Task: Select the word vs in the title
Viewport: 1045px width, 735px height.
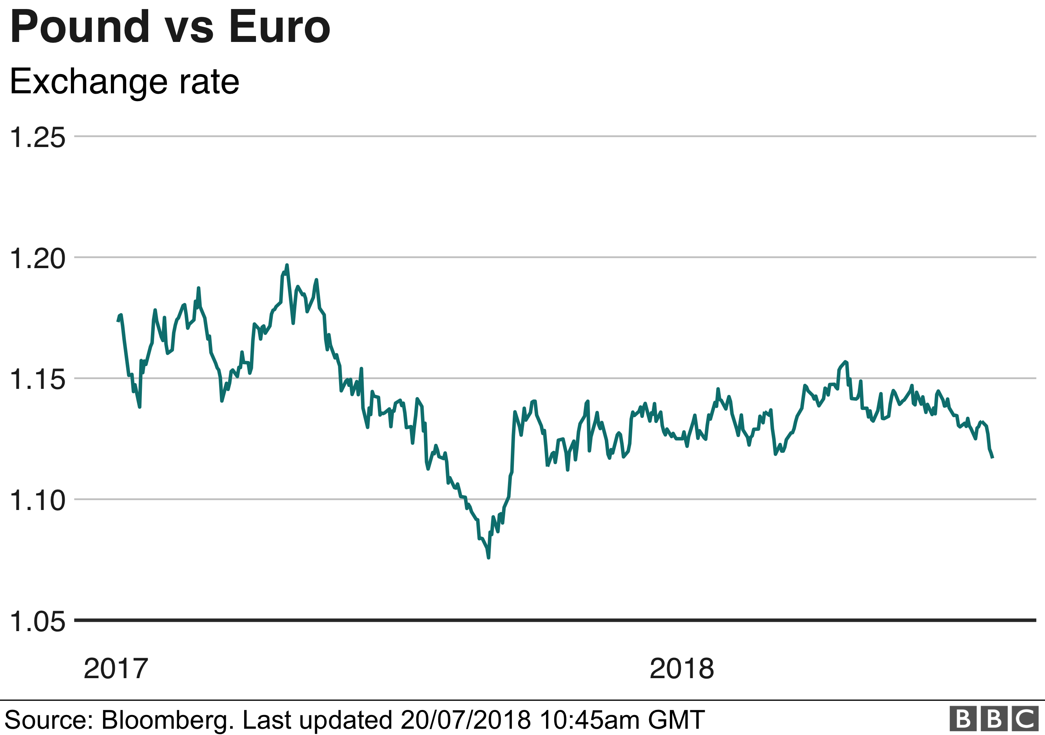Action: click(189, 30)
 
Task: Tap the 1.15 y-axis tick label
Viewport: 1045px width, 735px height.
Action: click(37, 379)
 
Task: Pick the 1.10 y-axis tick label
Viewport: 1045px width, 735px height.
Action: click(37, 500)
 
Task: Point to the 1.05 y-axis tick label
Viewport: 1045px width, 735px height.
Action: click(37, 621)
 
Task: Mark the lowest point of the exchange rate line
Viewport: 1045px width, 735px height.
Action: click(488, 557)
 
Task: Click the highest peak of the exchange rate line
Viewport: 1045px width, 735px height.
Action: click(287, 265)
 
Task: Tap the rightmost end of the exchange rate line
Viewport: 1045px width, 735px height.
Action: click(992, 458)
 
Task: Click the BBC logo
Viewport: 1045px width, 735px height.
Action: click(994, 719)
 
